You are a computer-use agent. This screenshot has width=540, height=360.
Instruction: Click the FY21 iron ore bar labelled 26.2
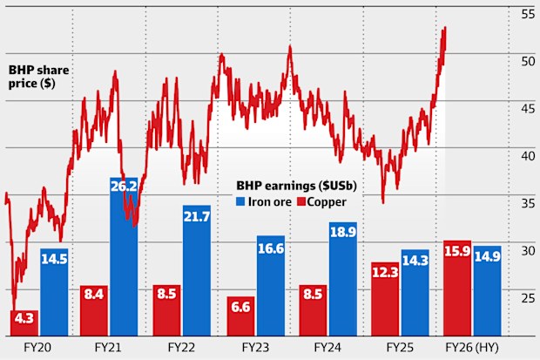coord(124,262)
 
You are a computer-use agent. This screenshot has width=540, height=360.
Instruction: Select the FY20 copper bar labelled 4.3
coord(24,323)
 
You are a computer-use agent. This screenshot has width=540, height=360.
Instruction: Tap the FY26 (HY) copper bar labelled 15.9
coord(457,288)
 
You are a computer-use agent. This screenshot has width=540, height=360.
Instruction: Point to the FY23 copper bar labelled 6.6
coord(240,316)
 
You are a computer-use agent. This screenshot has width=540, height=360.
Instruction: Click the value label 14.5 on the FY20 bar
coord(54,259)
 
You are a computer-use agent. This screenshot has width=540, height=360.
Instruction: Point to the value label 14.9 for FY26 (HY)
coord(487,256)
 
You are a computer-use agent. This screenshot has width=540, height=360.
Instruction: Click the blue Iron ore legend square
coord(241,202)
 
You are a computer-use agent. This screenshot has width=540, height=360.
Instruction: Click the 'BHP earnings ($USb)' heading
coord(296,187)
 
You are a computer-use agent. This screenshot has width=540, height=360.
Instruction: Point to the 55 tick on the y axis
coord(528,14)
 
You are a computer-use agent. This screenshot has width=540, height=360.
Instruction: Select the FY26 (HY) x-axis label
coord(471,347)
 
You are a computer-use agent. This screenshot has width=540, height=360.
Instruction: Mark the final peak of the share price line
coord(445,28)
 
